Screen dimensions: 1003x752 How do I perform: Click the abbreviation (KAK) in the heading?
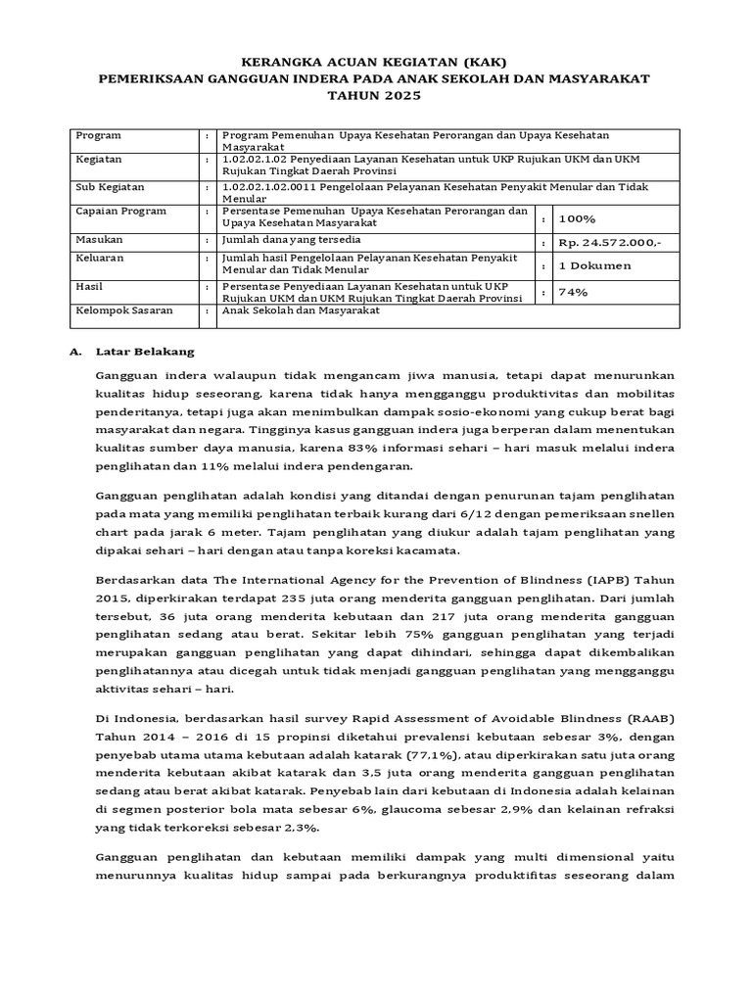455,59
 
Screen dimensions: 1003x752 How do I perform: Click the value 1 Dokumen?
594,265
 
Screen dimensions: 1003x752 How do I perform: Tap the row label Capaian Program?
121,211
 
